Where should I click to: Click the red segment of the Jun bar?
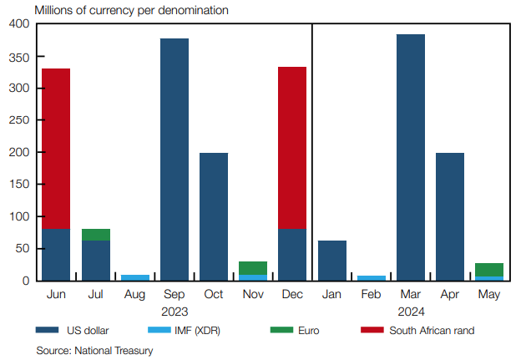click(56, 148)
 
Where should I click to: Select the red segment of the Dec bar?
click(292, 148)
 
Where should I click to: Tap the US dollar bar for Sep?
click(174, 159)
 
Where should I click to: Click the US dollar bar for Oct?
click(214, 216)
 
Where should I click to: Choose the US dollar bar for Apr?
click(450, 216)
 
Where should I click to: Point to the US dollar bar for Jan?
click(332, 260)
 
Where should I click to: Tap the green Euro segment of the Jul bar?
click(96, 235)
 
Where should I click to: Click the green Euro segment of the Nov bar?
click(253, 268)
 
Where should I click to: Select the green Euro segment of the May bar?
click(489, 270)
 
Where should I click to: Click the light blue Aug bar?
click(135, 277)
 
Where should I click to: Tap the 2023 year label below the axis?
click(174, 311)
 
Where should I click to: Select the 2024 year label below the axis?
click(411, 311)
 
